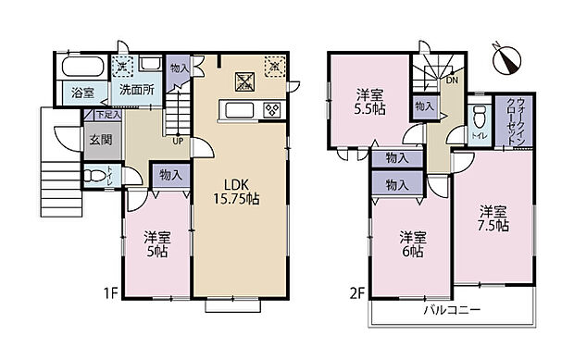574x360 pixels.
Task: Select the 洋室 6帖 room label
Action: point(412,242)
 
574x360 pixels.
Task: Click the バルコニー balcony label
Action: point(452,310)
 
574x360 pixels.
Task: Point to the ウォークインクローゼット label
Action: point(517,118)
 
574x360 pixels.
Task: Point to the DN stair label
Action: point(451,81)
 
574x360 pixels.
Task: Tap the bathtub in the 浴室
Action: point(82,68)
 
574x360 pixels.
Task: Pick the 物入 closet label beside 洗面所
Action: point(180,68)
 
